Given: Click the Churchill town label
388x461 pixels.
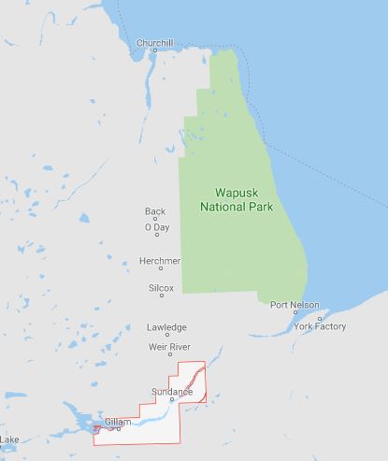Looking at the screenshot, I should [x=154, y=43].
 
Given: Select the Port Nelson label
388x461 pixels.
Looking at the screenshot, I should [x=294, y=305].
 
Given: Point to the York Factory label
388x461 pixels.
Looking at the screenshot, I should [x=319, y=326].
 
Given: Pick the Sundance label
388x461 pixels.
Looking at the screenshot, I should [x=171, y=391].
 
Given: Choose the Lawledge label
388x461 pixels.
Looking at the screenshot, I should [x=166, y=327].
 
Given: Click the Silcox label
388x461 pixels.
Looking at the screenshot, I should [x=161, y=289].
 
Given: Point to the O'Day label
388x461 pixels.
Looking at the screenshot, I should [x=157, y=227].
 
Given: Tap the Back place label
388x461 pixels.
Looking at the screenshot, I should [x=155, y=211].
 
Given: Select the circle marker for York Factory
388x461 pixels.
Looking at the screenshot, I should [x=320, y=317].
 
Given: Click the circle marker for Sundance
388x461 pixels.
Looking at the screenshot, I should [x=172, y=399].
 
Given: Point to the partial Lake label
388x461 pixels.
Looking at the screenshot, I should [x=9, y=439].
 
